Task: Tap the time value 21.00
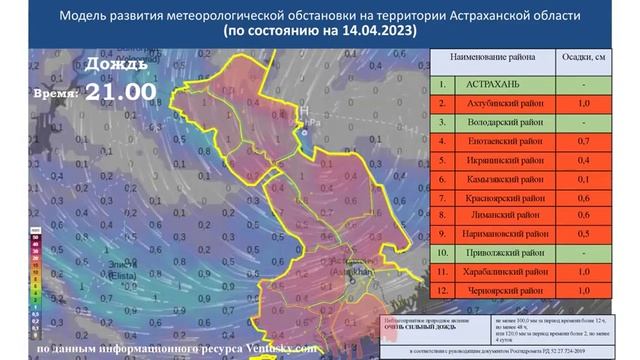pos(120,91)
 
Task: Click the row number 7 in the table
pos(440,196)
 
